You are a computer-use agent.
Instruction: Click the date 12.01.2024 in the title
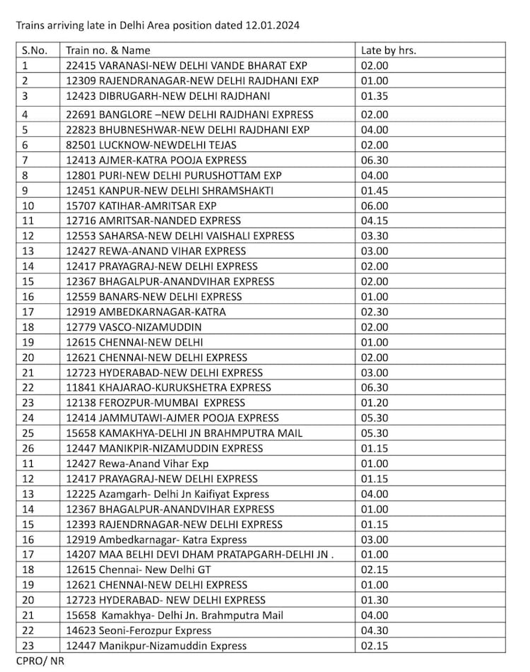[x=271, y=25]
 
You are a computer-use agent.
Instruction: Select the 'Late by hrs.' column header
[x=389, y=50]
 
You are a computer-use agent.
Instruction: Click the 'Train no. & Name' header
[x=107, y=50]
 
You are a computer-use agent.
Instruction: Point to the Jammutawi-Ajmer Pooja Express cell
[x=172, y=418]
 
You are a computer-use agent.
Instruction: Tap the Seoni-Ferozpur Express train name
[x=138, y=630]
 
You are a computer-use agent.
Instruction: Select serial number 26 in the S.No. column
[x=28, y=448]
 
